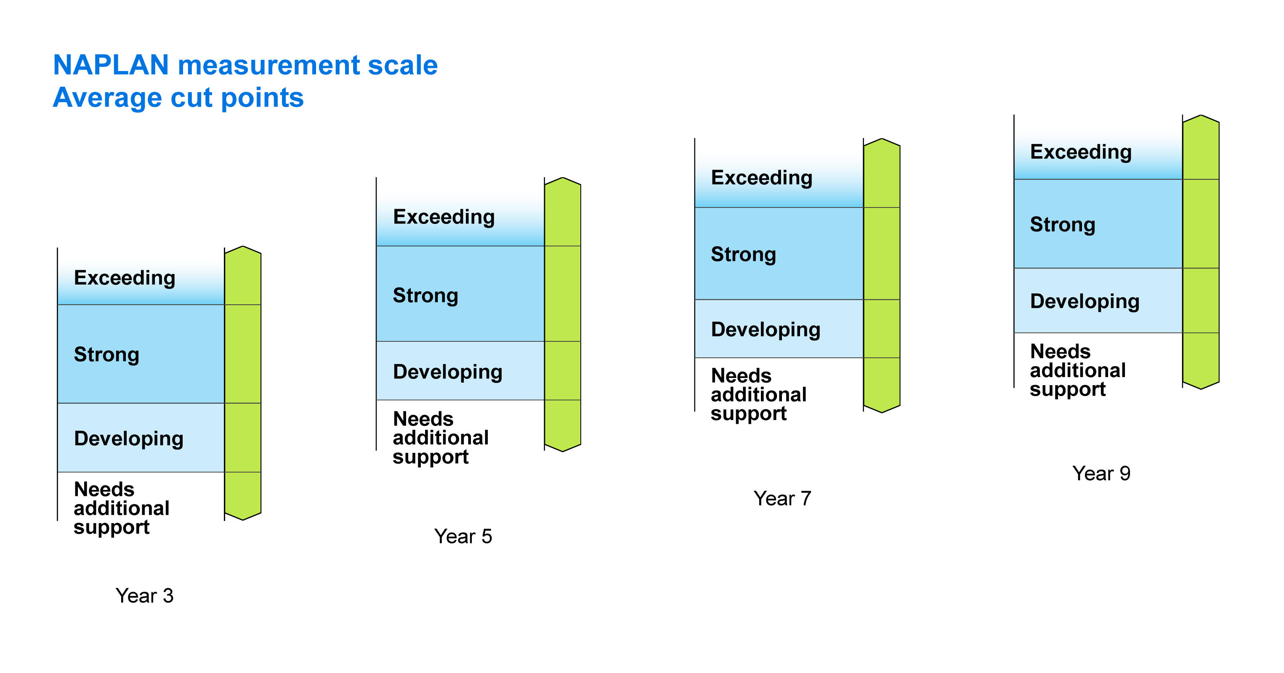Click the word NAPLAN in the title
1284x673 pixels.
(111, 65)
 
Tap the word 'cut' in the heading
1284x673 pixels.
(192, 98)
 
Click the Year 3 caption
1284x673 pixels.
(144, 596)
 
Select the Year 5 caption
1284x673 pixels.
(463, 536)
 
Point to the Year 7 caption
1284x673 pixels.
(782, 498)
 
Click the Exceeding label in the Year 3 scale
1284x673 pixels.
(125, 278)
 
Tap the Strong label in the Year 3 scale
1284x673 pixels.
(106, 355)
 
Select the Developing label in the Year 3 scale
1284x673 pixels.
(129, 439)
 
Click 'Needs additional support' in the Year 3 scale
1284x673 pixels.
(122, 508)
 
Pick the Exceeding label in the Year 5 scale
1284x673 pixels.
(444, 217)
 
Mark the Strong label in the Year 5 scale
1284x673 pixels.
(425, 295)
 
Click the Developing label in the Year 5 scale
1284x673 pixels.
(448, 372)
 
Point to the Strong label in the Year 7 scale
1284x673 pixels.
(744, 255)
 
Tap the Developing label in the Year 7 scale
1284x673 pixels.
(766, 330)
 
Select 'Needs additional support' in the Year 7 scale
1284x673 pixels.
(759, 395)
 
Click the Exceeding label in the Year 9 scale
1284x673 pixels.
(1081, 152)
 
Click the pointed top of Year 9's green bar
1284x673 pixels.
(1201, 116)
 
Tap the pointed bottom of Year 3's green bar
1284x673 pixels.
(243, 519)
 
